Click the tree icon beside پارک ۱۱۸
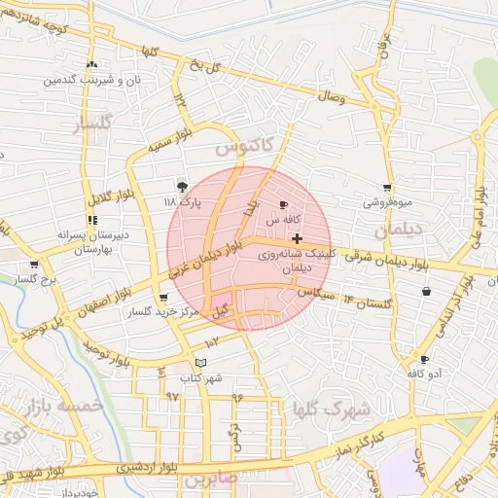tap(182, 187)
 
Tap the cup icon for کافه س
tap(283, 205)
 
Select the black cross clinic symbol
tap(297, 238)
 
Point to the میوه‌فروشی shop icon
tap(388, 188)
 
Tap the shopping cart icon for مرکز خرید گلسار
tap(162, 300)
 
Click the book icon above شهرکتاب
tap(201, 363)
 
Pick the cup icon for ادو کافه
tap(424, 360)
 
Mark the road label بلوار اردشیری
tap(147, 468)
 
